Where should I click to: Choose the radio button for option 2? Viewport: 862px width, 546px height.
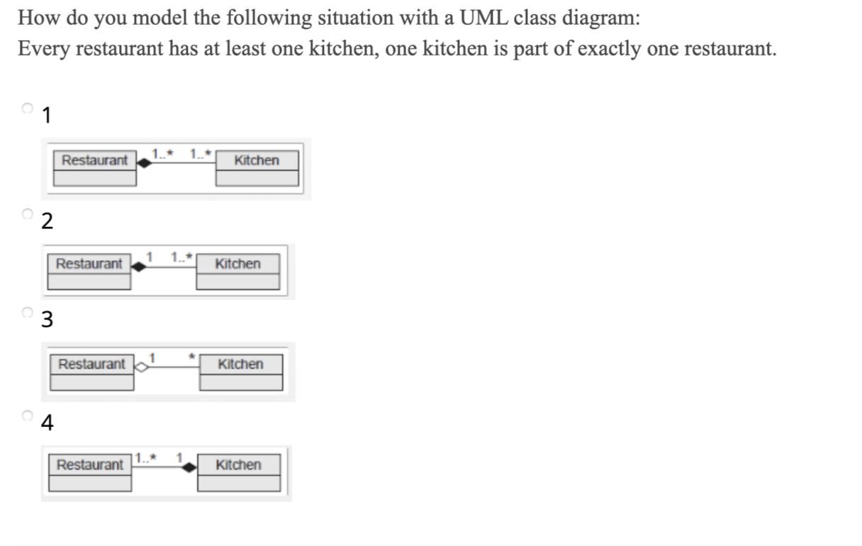click(x=27, y=213)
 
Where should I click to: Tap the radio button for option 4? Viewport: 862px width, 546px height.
click(x=27, y=416)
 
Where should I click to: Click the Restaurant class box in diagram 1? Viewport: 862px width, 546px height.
click(x=95, y=168)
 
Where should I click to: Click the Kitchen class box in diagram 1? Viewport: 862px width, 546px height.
click(x=257, y=168)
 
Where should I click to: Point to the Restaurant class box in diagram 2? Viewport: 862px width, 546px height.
click(x=89, y=272)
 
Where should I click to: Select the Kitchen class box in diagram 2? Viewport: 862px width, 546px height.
click(x=237, y=272)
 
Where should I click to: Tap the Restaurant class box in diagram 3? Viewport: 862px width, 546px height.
click(x=91, y=372)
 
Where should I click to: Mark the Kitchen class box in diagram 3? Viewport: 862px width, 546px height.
click(x=240, y=372)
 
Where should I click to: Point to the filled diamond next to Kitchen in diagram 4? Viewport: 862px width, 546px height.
click(x=189, y=467)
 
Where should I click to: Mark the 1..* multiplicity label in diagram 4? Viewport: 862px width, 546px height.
click(x=146, y=455)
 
